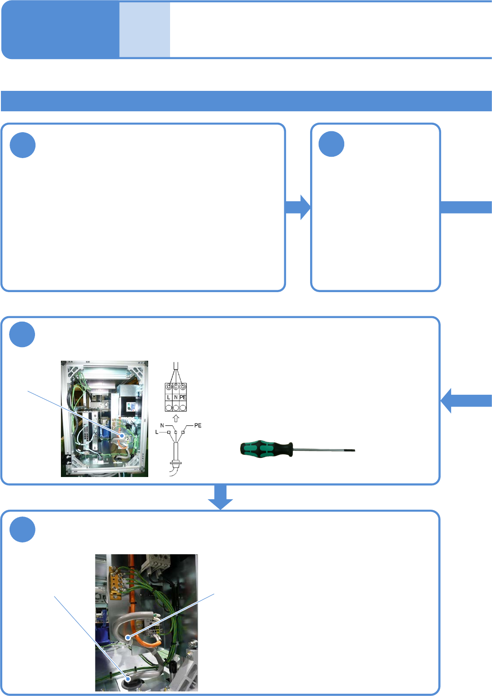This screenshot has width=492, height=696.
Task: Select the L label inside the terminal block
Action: [x=169, y=397]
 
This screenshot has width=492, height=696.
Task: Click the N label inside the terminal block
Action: [x=176, y=397]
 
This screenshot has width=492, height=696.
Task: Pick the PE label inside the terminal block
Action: [x=183, y=397]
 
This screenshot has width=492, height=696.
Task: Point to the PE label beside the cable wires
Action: [x=197, y=426]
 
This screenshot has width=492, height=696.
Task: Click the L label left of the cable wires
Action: [x=157, y=432]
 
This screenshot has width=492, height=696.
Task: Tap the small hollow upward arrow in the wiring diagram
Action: [x=176, y=418]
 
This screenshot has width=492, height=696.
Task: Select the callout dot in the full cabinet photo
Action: [x=122, y=435]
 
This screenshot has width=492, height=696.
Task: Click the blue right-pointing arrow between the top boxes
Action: [x=298, y=207]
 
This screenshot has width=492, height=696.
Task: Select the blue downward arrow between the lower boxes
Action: [x=221, y=497]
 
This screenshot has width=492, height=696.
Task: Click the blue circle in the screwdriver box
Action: [x=22, y=334]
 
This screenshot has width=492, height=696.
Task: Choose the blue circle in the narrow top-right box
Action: [x=331, y=144]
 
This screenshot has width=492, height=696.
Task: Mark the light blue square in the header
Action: [x=145, y=30]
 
